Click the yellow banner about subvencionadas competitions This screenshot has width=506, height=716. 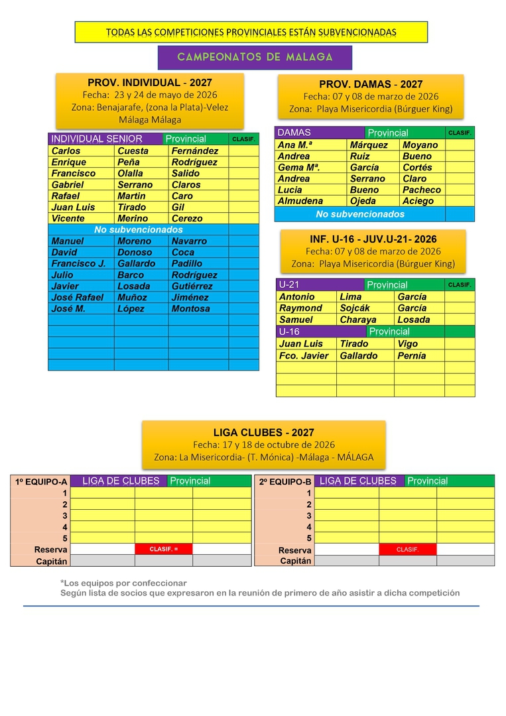pos(251,32)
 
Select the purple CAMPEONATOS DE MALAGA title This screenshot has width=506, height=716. pos(255,57)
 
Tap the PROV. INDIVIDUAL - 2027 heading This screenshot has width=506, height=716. pos(150,83)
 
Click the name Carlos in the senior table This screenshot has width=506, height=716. pos(66,150)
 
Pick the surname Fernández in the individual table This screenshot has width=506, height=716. pos(194,150)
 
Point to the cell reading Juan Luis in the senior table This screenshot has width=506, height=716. pos(73,207)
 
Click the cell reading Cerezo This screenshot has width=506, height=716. pos(187,218)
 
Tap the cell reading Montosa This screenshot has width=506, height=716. pos(190,308)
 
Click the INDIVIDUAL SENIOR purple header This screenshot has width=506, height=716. pos(97,139)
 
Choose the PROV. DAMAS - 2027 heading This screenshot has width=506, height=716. pos(370,84)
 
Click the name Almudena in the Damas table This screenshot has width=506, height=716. pos(300,201)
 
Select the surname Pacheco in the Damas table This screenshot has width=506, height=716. pos(421,190)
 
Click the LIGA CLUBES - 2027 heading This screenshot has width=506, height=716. pos(263,432)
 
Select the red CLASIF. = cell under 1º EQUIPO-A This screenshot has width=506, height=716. pos(163,549)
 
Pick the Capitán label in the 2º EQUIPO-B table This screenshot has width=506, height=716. pos(295,561)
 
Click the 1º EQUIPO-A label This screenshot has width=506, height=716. pos(41,482)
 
